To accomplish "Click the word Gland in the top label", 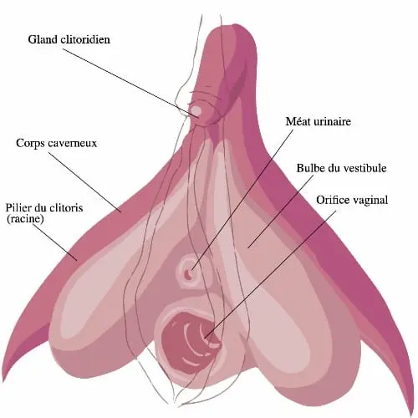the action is point(43,39).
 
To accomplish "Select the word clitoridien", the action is point(85,39).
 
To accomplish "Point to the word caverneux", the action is point(73,144).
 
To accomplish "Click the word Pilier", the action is point(18,208).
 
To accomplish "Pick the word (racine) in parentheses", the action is point(25,218).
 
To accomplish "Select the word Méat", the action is point(297,121).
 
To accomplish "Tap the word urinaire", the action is point(331,121).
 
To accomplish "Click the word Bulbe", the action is point(311,168).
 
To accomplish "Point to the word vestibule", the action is point(365,168).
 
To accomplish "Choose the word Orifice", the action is point(334,200).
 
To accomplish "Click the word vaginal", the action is point(370,200).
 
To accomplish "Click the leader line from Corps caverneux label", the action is point(85,182).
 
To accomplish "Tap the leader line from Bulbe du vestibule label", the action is point(280,211).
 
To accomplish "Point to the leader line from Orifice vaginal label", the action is point(270,274).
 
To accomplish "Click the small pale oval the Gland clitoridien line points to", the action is point(196,111).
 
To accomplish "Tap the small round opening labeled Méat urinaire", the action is point(187,274).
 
